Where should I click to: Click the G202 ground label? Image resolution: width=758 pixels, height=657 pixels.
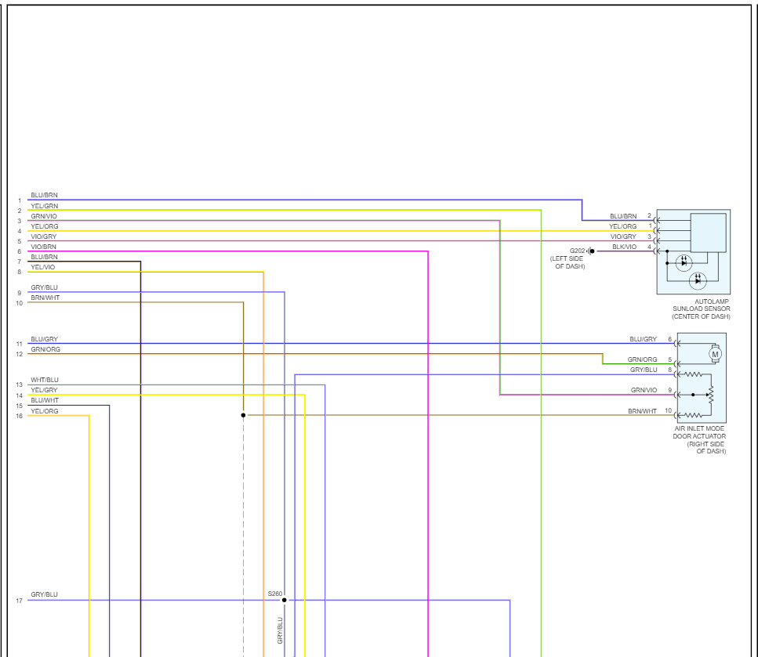point(578,251)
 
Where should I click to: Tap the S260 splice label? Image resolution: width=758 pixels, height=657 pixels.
point(274,594)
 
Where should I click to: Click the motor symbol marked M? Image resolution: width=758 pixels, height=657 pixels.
point(714,354)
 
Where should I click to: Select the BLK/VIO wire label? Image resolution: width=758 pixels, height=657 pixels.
point(624,247)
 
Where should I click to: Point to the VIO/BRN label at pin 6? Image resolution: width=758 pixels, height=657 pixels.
point(43,247)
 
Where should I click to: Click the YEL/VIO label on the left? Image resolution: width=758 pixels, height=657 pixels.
point(43,267)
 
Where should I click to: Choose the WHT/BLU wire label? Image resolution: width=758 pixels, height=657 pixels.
point(44,380)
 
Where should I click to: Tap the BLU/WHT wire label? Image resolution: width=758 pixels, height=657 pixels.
point(44,400)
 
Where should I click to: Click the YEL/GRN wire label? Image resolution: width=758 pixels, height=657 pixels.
point(44,206)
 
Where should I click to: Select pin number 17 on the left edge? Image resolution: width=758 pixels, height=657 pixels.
point(19,601)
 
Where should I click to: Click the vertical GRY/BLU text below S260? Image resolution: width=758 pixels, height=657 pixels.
point(280,630)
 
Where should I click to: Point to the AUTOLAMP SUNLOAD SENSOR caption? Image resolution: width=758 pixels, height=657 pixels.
point(701,309)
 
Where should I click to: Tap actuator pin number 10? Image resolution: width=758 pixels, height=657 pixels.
point(668,410)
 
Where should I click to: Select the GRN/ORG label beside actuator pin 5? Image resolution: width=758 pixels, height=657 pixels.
point(642,359)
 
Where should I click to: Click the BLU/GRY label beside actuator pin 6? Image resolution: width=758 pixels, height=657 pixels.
point(643,339)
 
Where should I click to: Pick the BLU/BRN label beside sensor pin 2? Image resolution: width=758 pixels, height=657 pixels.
point(623,216)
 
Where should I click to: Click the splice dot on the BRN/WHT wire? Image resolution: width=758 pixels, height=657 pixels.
point(243,415)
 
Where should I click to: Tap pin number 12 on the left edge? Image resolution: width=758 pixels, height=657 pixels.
point(19,354)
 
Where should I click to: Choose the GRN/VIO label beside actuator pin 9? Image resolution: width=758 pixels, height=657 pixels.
point(644,390)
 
